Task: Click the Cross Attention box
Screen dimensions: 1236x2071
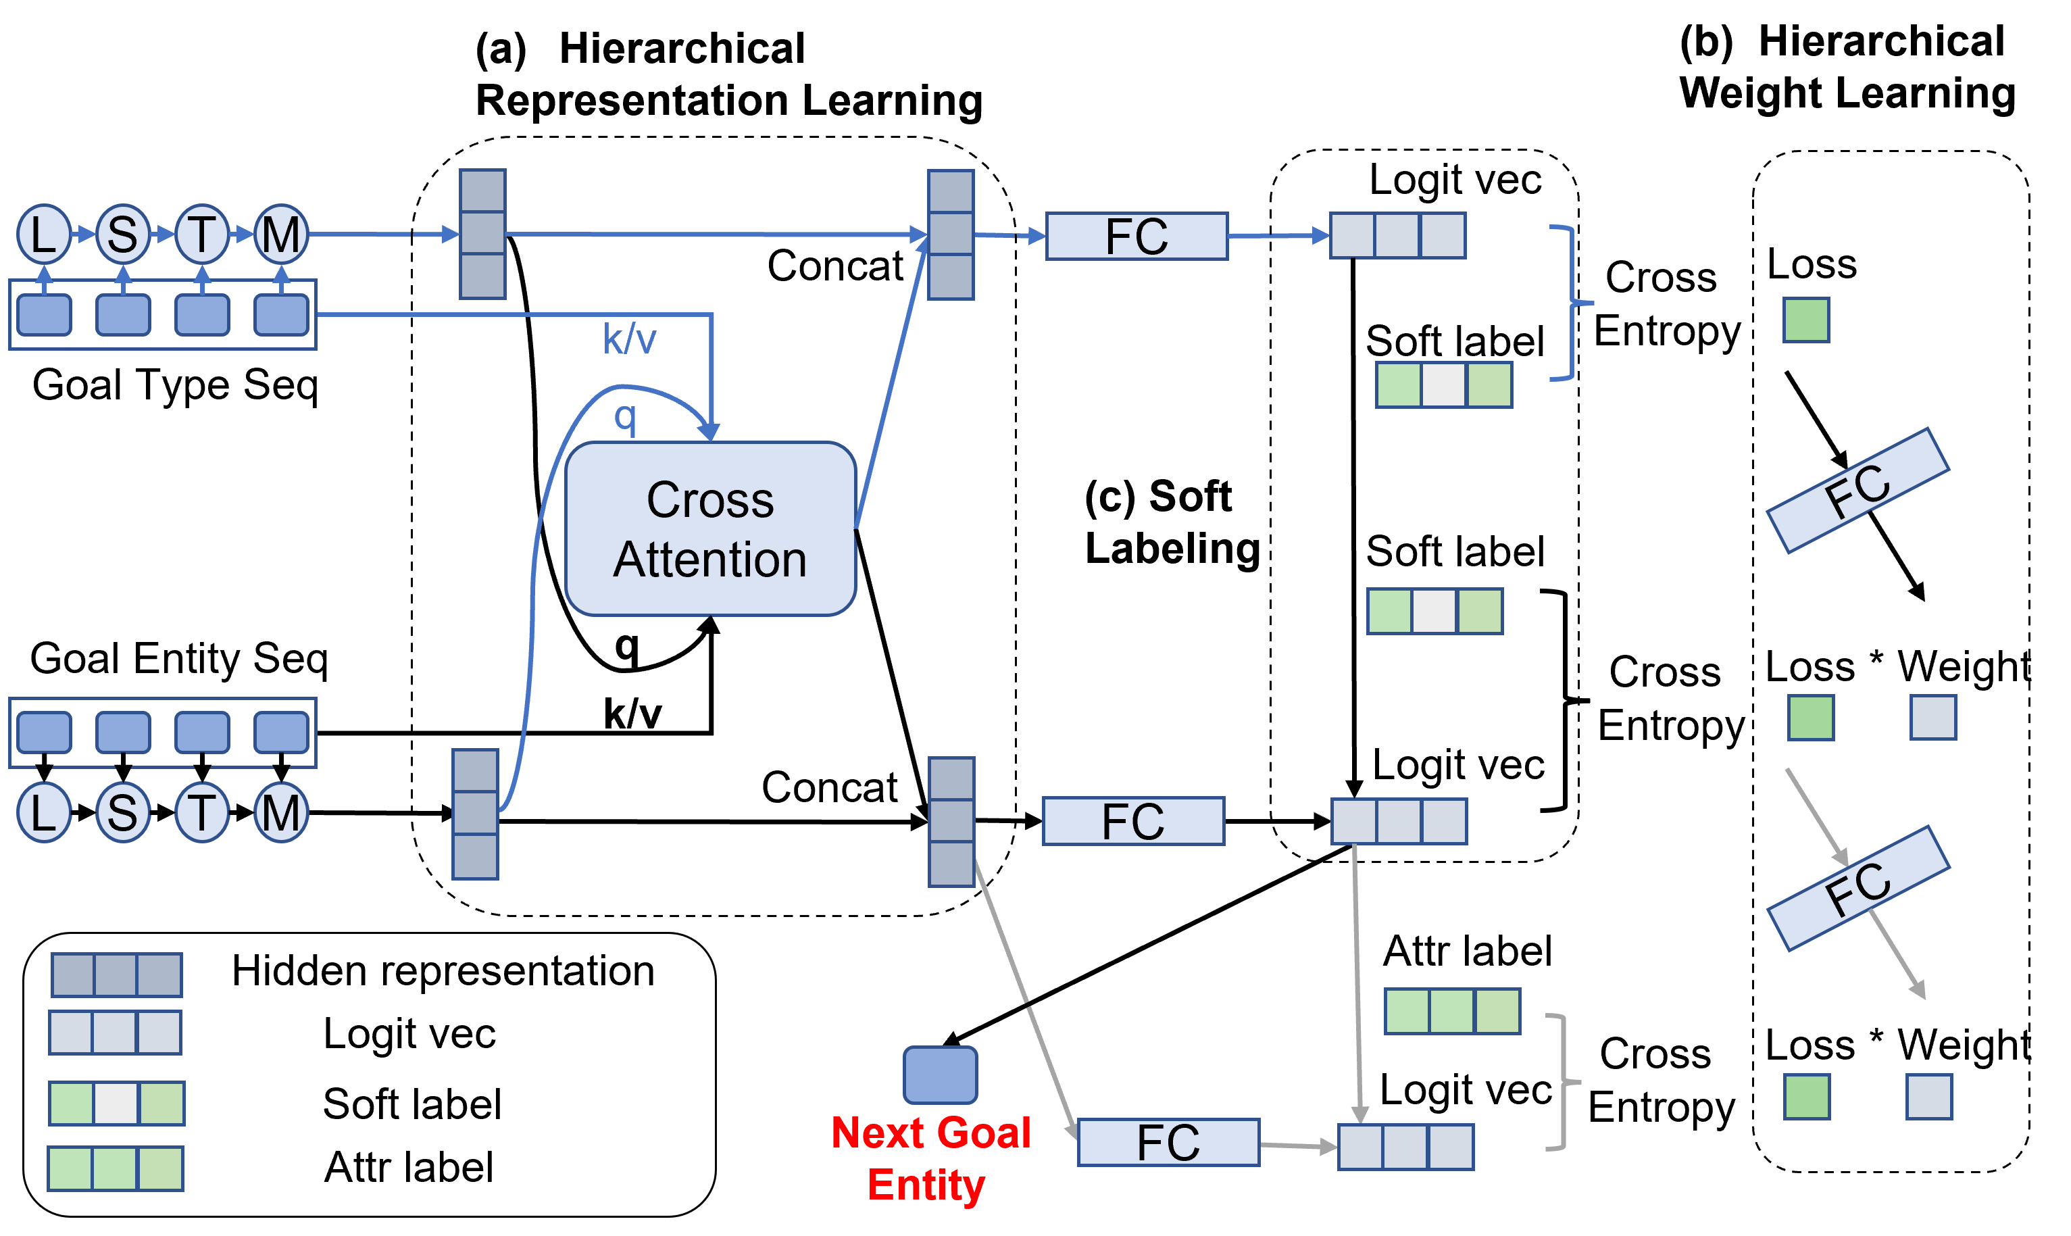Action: pyautogui.click(x=710, y=529)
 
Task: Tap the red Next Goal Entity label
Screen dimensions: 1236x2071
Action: pyautogui.click(x=930, y=1158)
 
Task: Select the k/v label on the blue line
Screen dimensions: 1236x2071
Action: pyautogui.click(x=630, y=339)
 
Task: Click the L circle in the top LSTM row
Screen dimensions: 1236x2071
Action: pyautogui.click(x=43, y=234)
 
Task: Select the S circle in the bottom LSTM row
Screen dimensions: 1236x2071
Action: pyautogui.click(x=122, y=812)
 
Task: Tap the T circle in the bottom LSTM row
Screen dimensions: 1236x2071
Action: pyautogui.click(x=201, y=812)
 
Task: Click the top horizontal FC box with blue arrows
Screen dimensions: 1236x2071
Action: pyautogui.click(x=1136, y=237)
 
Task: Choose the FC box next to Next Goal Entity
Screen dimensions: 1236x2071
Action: pyautogui.click(x=1168, y=1142)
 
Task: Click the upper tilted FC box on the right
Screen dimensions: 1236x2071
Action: pyautogui.click(x=1858, y=491)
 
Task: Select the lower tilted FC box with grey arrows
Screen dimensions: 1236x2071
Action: pyautogui.click(x=1858, y=888)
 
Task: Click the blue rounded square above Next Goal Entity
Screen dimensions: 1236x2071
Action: pyautogui.click(x=940, y=1074)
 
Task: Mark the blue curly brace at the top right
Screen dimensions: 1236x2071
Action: pyautogui.click(x=1570, y=302)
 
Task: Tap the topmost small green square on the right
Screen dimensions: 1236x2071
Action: pyautogui.click(x=1806, y=320)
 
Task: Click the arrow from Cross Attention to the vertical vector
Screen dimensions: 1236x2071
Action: pyautogui.click(x=891, y=383)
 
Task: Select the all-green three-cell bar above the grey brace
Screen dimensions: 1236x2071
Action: pyautogui.click(x=1452, y=1011)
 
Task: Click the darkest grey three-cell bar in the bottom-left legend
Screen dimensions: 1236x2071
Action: pyautogui.click(x=117, y=974)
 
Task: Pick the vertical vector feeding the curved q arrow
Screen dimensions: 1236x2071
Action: pyautogui.click(x=476, y=814)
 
